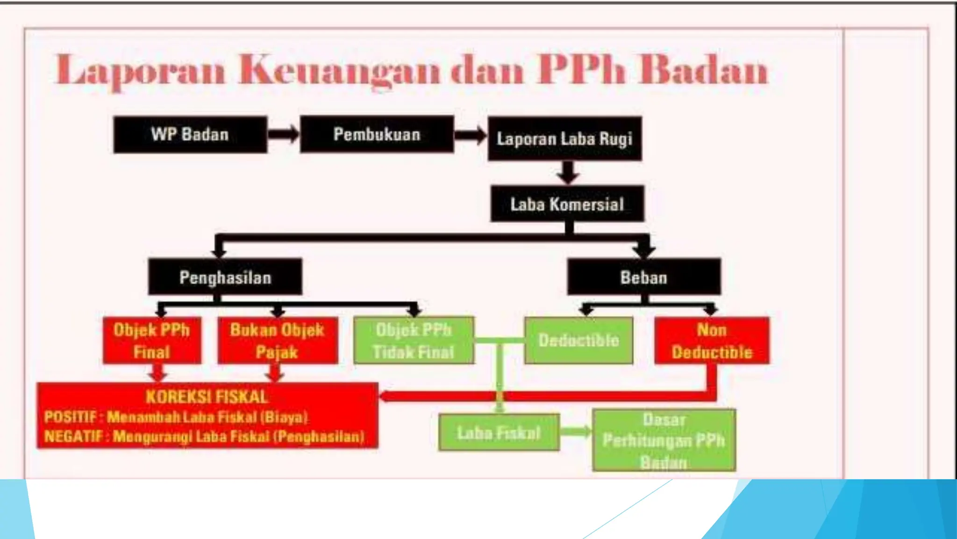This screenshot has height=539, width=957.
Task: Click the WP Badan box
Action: coord(190,135)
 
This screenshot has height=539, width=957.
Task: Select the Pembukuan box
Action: coord(377,134)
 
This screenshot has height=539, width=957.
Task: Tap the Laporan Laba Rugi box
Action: coord(564,139)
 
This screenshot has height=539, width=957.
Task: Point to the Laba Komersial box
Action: coord(567,204)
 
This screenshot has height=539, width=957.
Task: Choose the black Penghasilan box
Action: coord(225,277)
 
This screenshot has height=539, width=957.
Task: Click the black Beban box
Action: coord(643,277)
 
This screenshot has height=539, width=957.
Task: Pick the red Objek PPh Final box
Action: coord(152,341)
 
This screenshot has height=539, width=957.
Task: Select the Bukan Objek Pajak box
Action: coord(277,341)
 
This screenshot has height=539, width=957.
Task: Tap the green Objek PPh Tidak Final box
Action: coord(414,341)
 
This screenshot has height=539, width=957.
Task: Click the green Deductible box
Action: coord(578,341)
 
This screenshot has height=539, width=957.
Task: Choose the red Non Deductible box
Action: coord(712,341)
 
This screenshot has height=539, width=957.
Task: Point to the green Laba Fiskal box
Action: coord(499,432)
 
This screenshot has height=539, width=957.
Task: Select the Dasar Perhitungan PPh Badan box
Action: coord(664,440)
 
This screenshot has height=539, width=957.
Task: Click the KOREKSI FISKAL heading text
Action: coord(207,397)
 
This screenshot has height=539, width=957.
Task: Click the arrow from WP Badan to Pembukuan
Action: coord(283,134)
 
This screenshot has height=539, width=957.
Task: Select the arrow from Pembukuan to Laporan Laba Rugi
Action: coord(470,135)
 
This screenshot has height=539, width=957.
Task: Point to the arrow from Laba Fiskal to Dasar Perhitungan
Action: coord(576,431)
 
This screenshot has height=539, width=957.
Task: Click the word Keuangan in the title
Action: coord(339,71)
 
